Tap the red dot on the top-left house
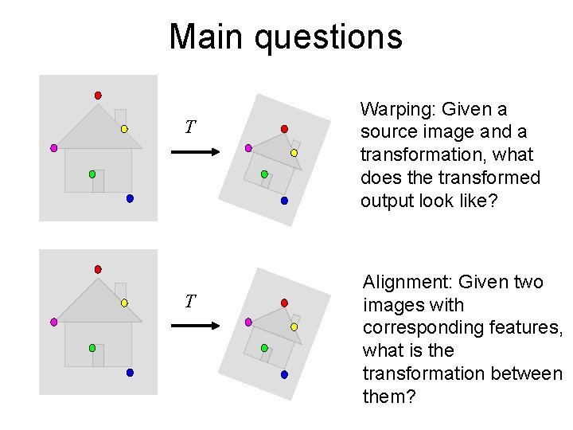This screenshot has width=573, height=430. point(98,96)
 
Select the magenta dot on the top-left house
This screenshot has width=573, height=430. point(54,148)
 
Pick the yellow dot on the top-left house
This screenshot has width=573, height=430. point(124,128)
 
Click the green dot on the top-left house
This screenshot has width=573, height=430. point(92,174)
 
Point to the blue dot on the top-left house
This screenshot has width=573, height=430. point(130,198)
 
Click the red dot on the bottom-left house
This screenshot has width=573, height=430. point(98,269)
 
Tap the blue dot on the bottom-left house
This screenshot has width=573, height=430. point(130,373)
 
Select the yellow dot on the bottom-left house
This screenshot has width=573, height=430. point(124,303)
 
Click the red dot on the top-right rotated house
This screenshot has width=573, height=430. point(284,129)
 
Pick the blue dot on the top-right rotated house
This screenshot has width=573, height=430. point(284,201)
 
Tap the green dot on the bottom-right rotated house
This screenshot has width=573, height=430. point(264,347)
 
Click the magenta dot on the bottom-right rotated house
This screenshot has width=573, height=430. point(248,322)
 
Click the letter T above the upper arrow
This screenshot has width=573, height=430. point(189,127)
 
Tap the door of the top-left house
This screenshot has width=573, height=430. point(98,182)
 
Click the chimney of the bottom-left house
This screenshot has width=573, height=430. point(120,290)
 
